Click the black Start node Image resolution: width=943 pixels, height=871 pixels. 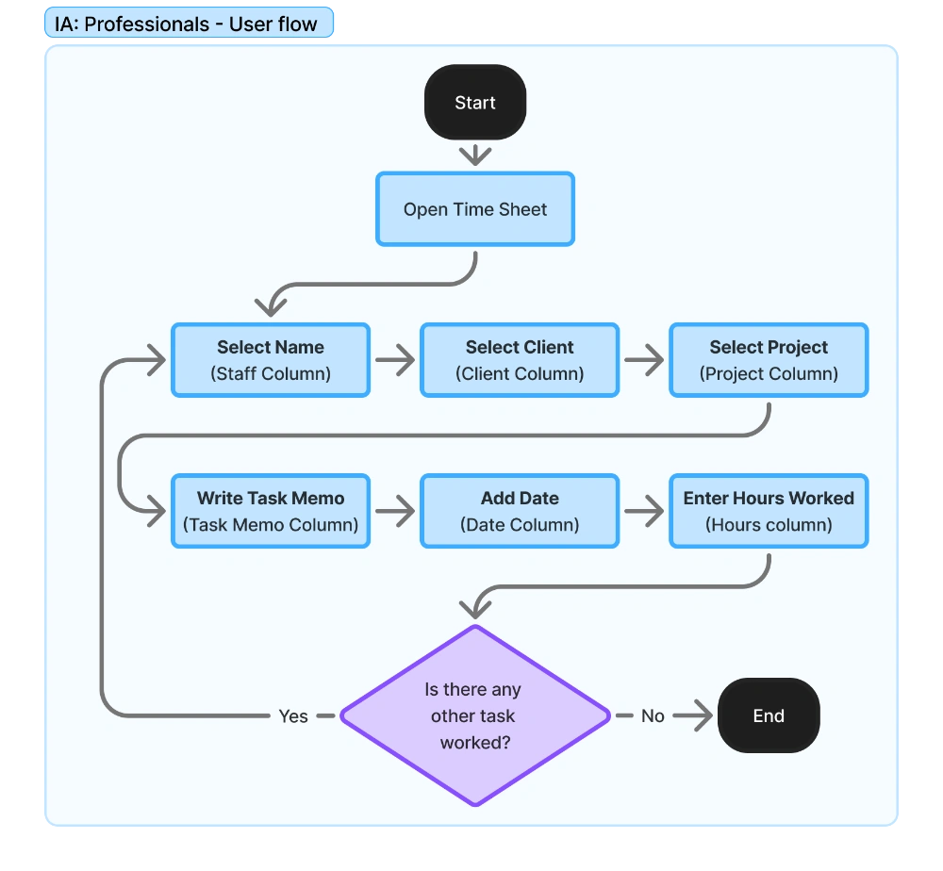coord(474,103)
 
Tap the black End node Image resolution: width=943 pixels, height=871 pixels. coord(769,715)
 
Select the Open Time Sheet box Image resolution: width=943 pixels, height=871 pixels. coord(474,209)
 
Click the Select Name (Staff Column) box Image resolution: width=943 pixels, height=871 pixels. coord(271,360)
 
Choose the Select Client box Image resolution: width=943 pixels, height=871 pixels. coord(520,360)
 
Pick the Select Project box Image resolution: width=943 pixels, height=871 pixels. coord(769,360)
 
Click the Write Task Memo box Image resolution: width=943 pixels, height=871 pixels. coord(271,511)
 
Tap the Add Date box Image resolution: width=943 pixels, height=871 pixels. coord(520,511)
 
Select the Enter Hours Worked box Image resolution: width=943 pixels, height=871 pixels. coord(769,511)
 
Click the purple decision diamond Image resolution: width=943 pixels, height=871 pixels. coord(474,715)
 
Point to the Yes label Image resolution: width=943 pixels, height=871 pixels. coord(293,716)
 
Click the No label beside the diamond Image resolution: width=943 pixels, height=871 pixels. coord(653,716)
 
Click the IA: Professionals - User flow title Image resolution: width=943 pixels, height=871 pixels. coord(187,25)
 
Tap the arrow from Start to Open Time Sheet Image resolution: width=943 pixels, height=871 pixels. coord(474,155)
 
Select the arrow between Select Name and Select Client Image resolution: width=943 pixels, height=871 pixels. coord(395,360)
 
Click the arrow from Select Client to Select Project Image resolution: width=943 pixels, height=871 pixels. coord(644,360)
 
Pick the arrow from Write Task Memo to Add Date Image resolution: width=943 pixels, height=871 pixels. coord(395,512)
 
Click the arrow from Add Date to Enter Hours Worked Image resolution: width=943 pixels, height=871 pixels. coord(644,512)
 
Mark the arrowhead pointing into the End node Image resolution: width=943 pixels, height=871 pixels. coord(703,716)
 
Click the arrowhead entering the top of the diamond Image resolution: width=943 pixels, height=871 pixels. coord(476,609)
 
